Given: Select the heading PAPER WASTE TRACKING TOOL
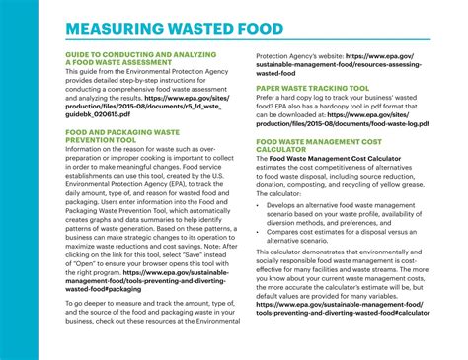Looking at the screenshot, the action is [313, 86].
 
